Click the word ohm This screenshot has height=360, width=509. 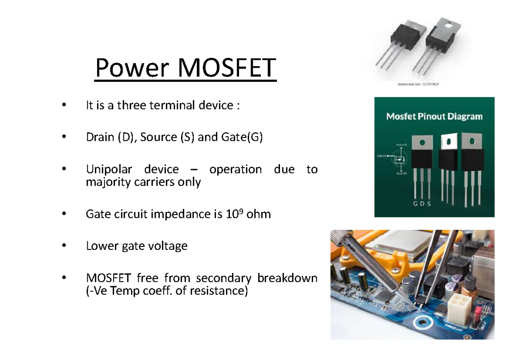click(258, 215)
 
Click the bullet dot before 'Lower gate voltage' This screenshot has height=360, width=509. click(64, 246)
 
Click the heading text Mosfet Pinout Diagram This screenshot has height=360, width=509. click(434, 116)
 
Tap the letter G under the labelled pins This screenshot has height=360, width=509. click(415, 204)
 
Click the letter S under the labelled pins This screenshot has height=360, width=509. click(429, 204)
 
